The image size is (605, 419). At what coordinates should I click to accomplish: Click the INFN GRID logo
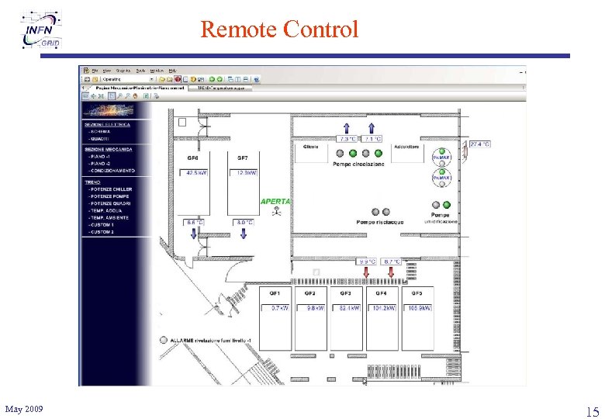pos(42,31)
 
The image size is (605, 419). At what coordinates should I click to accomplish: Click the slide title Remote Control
pos(279,29)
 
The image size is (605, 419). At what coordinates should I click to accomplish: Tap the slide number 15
pos(592,410)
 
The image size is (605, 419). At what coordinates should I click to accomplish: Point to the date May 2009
pos(24,409)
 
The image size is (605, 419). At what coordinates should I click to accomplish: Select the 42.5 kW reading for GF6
pos(196,173)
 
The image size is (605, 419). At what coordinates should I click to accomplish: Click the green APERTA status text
pos(275,201)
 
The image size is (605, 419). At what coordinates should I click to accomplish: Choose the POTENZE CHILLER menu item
pos(110,189)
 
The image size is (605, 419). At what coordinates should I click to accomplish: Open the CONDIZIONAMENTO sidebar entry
pos(111,170)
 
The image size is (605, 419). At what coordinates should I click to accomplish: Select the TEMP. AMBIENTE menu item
pos(109,218)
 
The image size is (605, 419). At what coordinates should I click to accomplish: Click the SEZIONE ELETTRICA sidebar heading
pos(107,124)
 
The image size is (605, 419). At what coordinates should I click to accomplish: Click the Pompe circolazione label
pos(358,164)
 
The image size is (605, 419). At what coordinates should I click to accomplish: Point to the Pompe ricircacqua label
pos(380,222)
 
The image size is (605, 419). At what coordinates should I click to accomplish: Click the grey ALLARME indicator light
pos(163,340)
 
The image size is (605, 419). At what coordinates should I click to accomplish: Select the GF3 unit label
pos(345,294)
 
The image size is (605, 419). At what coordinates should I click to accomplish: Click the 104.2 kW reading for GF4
pos(383,308)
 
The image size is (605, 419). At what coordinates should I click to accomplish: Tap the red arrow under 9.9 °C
pos(367,272)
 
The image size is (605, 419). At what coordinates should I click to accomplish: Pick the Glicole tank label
pos(310,147)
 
